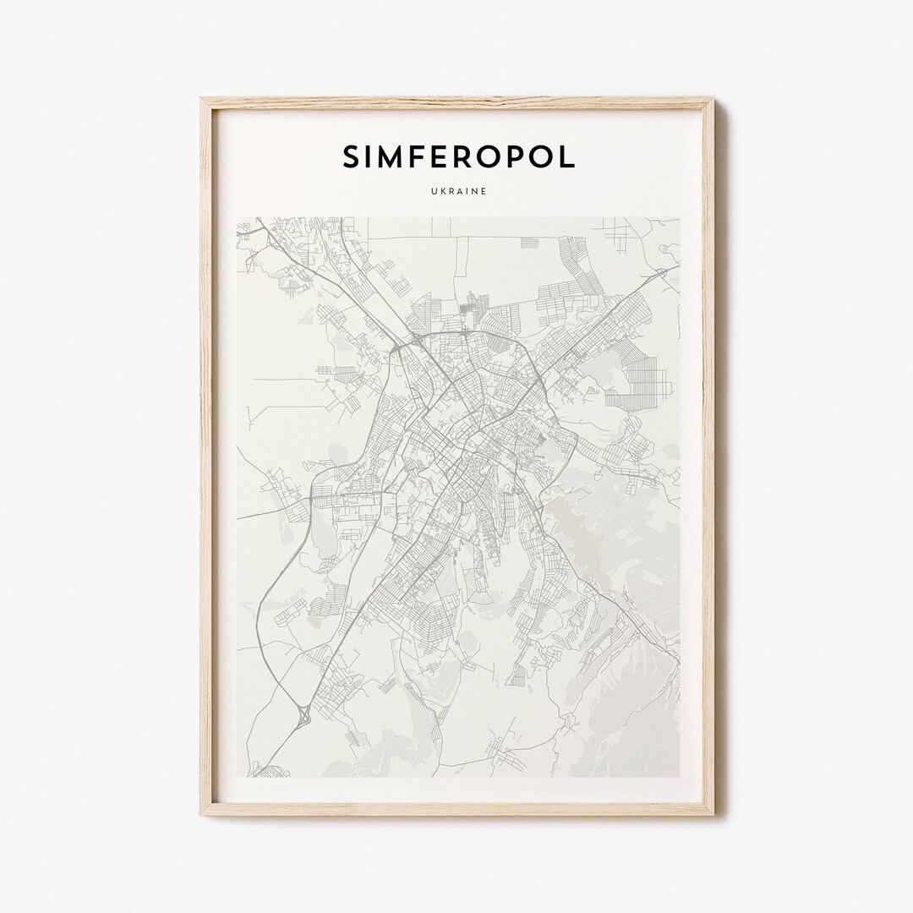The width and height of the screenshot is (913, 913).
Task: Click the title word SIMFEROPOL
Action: pyautogui.click(x=457, y=156)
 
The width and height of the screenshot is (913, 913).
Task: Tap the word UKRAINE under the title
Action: pyautogui.click(x=457, y=192)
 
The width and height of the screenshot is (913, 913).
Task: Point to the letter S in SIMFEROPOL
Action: pyautogui.click(x=351, y=156)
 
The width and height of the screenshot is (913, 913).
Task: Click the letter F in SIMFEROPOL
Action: pyautogui.click(x=424, y=156)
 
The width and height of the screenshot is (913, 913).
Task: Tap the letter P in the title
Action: pyautogui.click(x=531, y=156)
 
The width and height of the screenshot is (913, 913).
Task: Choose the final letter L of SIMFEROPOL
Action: pyautogui.click(x=566, y=156)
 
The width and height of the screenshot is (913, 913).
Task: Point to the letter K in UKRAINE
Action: pyautogui.click(x=439, y=192)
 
